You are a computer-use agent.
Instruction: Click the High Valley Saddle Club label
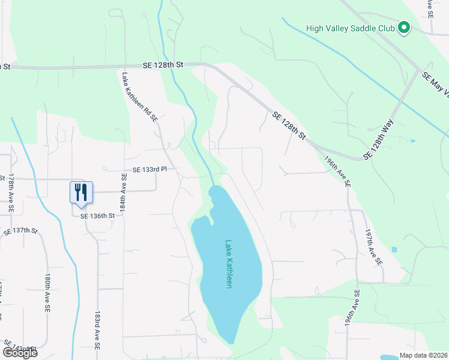(351, 28)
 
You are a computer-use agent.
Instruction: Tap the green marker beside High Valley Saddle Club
(404, 28)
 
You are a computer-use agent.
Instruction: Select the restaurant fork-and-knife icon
(81, 192)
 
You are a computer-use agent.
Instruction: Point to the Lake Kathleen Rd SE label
(139, 98)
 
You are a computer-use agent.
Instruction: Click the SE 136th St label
(97, 215)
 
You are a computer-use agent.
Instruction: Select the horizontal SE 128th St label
(162, 64)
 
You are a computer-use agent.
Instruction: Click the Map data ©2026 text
(423, 355)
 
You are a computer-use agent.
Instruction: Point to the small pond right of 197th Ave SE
(393, 250)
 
